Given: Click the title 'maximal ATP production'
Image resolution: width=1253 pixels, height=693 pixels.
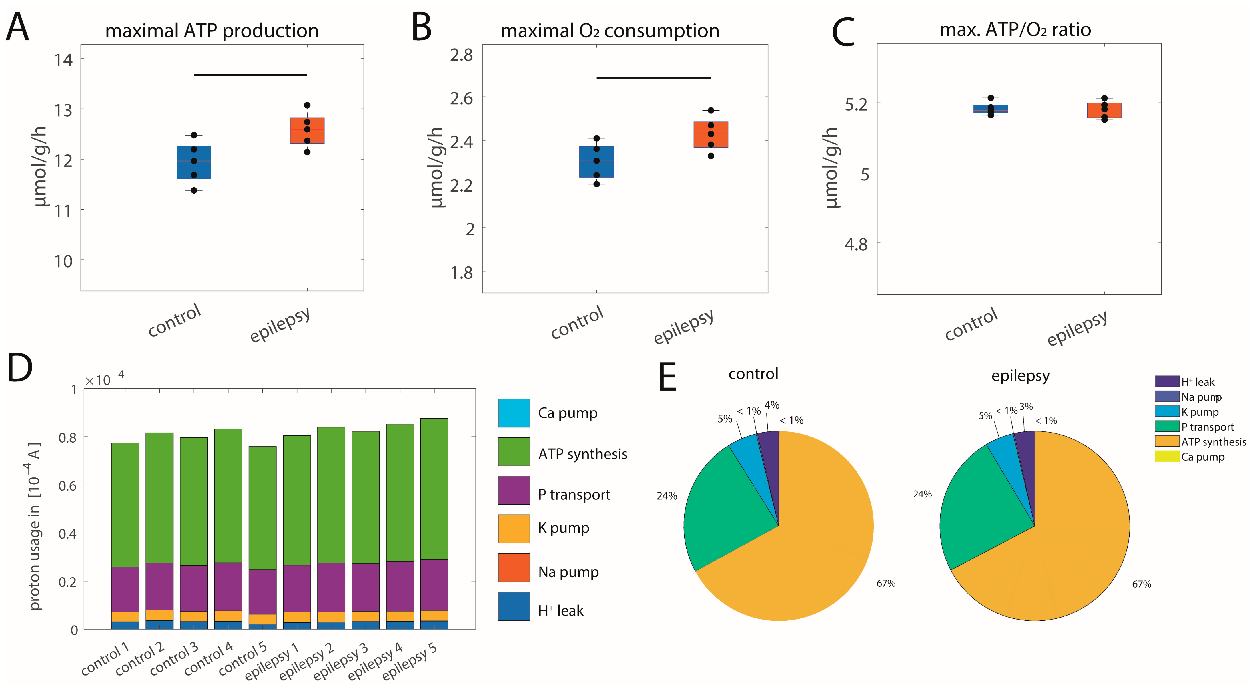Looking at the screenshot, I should [x=212, y=31].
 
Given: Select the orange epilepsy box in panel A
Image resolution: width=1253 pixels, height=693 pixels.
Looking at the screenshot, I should [x=307, y=130].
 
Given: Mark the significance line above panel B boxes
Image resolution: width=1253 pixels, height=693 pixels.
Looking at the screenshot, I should [x=653, y=78].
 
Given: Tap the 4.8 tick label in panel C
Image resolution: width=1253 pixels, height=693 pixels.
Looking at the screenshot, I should [x=856, y=244].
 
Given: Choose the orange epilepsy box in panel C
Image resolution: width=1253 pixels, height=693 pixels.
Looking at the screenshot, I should [x=1104, y=110].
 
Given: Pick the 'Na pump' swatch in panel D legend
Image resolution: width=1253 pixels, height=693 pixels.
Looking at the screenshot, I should [x=514, y=567].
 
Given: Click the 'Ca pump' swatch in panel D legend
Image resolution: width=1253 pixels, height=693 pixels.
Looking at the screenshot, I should [x=514, y=413].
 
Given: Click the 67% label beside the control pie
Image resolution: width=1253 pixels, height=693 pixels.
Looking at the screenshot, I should [x=886, y=583].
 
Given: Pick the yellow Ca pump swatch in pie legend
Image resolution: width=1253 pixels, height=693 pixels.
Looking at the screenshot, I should [x=1167, y=457].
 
